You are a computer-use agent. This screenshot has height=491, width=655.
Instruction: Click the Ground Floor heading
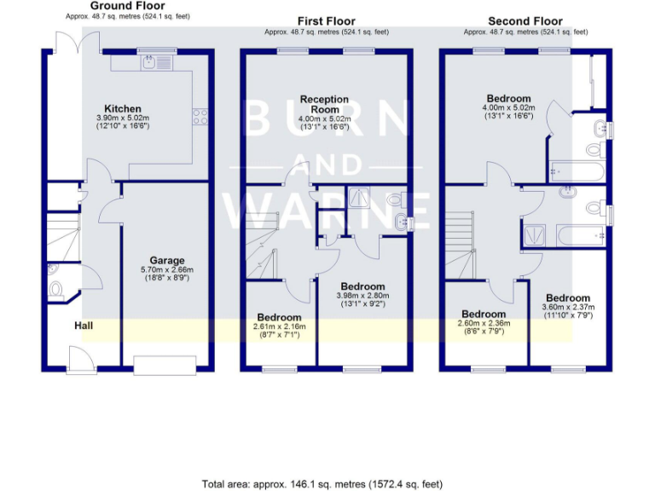point(127,6)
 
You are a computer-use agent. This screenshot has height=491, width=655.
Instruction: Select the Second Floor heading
point(525,20)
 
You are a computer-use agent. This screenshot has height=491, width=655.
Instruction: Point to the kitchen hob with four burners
point(201,117)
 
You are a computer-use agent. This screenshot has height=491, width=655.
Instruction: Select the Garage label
point(167,260)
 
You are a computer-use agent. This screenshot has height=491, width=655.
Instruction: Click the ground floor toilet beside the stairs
point(57,290)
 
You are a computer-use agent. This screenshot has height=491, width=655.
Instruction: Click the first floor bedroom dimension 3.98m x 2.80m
point(362,296)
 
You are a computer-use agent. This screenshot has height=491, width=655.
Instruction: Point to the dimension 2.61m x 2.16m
point(279,326)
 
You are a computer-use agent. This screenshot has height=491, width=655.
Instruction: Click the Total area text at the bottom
point(322,483)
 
